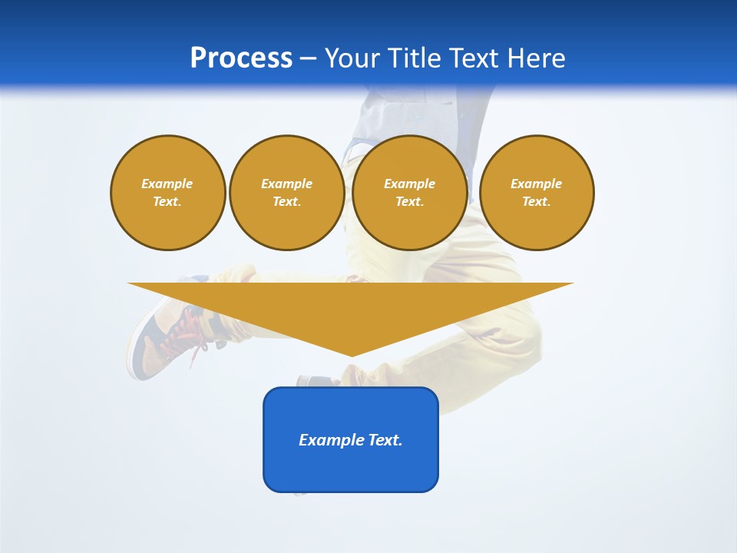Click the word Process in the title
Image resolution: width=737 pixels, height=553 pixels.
(241, 58)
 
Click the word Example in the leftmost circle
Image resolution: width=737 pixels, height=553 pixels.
(167, 184)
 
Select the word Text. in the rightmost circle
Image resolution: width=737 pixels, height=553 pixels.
(537, 202)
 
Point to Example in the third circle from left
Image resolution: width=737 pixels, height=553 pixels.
(409, 184)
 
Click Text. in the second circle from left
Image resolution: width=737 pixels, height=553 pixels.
(286, 202)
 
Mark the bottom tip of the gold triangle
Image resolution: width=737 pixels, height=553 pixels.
(352, 355)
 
